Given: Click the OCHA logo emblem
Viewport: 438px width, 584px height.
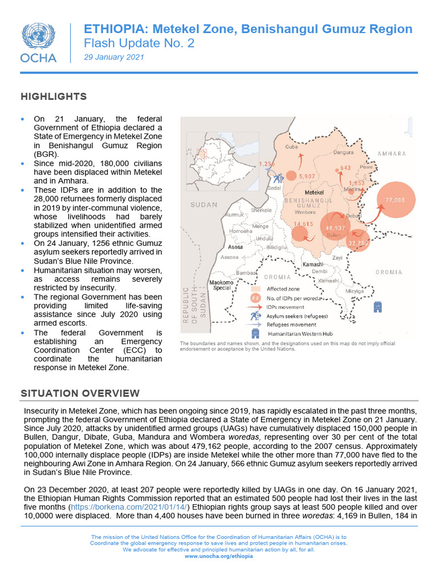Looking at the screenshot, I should point(38,36).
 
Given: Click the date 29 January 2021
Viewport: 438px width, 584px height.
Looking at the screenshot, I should point(114,57).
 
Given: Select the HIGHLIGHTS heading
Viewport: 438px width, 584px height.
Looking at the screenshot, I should point(54,96).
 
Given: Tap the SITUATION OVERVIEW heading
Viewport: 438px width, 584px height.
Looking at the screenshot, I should point(80,393).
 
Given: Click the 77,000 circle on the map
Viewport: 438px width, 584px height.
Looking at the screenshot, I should point(395,200).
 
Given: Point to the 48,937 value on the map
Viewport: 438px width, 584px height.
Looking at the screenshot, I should point(335,227).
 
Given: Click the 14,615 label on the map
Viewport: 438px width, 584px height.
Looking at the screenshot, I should point(303,224).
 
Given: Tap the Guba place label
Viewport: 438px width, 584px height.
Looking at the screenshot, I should point(291,147).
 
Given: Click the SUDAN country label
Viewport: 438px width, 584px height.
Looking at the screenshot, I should point(204,205).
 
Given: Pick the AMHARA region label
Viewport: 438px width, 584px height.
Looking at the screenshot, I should point(391,154).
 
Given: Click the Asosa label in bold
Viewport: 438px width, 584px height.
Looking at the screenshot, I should point(236,248).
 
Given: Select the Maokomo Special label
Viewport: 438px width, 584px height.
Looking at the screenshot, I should point(221,285).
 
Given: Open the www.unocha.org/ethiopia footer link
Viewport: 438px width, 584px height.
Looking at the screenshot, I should point(218,555).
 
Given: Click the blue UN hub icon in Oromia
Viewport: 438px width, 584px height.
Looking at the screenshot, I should point(377,307).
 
